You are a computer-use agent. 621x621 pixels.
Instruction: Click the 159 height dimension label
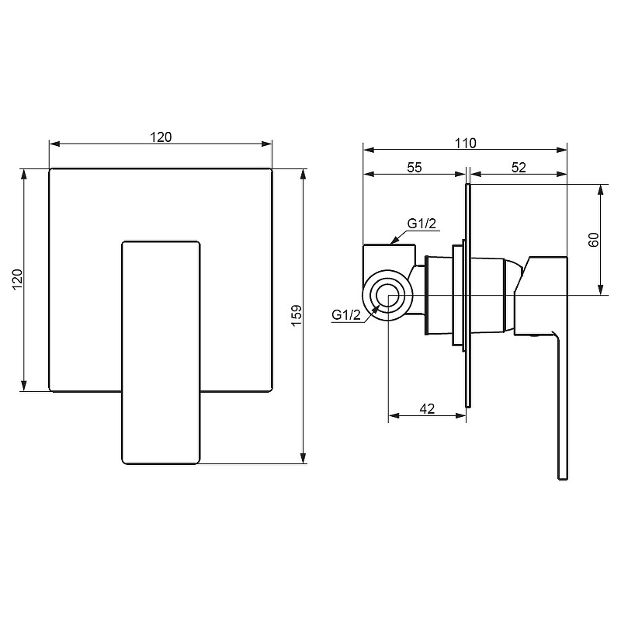[x=297, y=315]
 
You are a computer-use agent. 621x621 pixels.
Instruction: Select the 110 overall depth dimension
[x=465, y=143]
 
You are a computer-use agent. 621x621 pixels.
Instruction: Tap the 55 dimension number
[x=415, y=168]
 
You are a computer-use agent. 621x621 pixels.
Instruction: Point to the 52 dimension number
[x=519, y=168]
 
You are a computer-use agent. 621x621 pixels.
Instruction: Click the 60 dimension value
[x=594, y=240]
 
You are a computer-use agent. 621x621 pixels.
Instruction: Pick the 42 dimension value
[x=427, y=408]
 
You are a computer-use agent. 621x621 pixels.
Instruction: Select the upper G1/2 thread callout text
[x=422, y=224]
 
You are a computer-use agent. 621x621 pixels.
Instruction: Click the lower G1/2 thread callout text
[x=346, y=315]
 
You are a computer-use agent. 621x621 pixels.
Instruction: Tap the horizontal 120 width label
[x=161, y=137]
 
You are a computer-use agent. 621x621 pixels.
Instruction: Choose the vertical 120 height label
[x=18, y=279]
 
